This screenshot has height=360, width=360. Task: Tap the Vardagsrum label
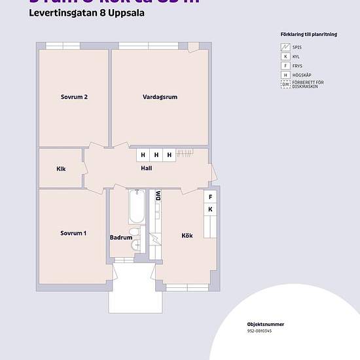(x=160, y=97)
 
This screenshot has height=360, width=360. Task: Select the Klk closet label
(x=61, y=169)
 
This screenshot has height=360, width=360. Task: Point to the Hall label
(x=147, y=168)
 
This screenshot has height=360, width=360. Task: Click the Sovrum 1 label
(x=73, y=233)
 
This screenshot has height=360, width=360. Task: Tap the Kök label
(x=188, y=236)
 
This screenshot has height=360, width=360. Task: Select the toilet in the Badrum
(x=137, y=245)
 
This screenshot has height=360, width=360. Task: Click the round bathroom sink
(x=134, y=232)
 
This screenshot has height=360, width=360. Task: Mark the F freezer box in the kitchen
(x=210, y=197)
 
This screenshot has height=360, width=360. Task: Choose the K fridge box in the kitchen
(x=210, y=209)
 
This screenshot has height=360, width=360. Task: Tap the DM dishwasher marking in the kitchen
(x=158, y=195)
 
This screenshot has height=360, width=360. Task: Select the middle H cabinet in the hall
(x=156, y=155)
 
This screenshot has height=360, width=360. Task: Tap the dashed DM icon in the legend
(x=285, y=84)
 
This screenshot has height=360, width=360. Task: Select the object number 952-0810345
(x=259, y=331)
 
